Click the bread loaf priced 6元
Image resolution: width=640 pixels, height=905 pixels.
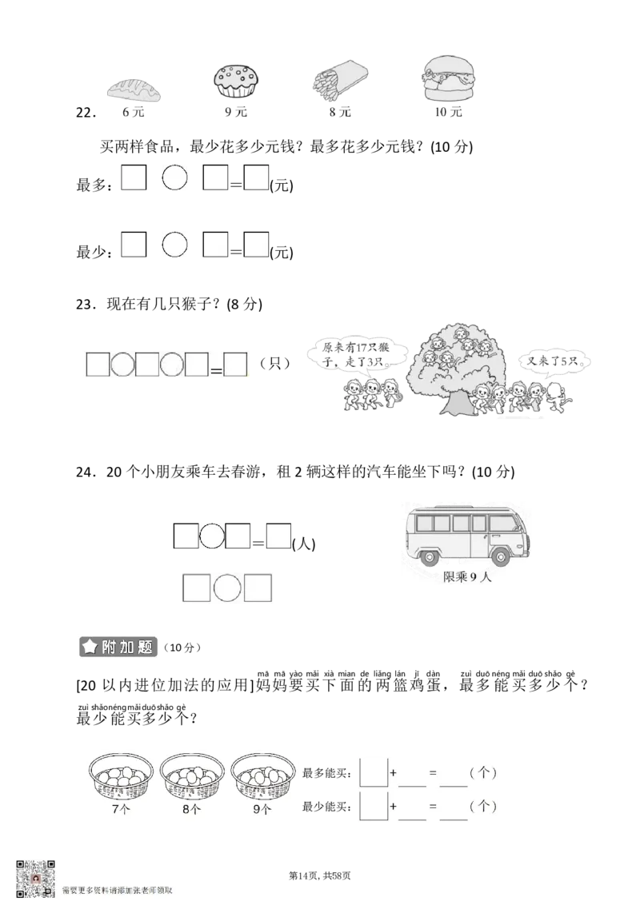tap(134, 90)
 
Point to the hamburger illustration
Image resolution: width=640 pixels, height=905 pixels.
tap(448, 78)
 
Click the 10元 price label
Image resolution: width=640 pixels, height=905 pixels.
tap(449, 114)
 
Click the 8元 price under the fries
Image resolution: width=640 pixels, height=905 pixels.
tap(339, 114)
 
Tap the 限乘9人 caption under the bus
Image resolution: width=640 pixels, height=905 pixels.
tap(468, 577)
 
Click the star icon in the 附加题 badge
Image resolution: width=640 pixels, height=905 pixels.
tap(90, 647)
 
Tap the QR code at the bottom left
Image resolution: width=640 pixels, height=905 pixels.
tap(35, 878)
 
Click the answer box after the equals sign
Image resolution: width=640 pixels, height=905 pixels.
tap(234, 365)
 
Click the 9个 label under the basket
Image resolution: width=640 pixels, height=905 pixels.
tap(262, 809)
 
